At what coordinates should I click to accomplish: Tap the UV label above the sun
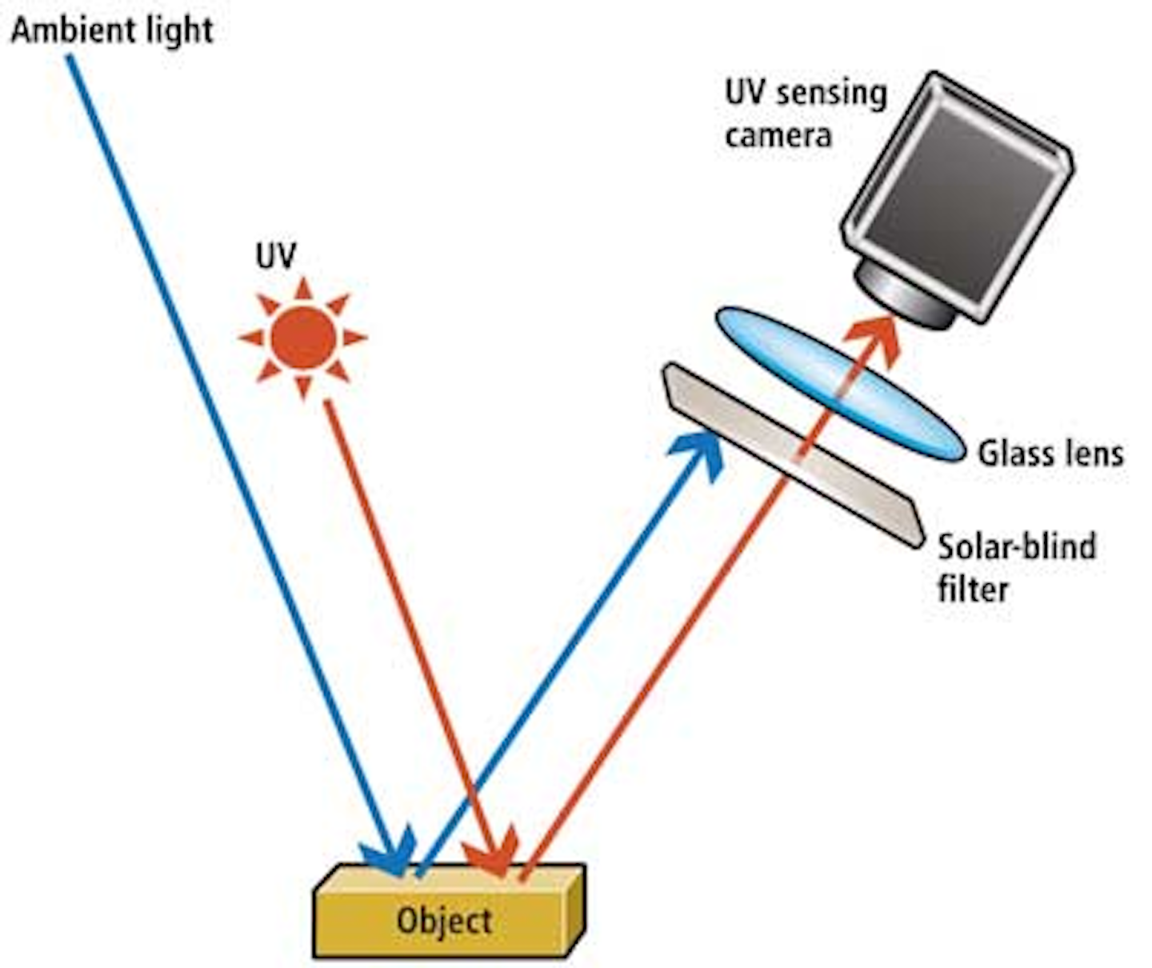pyautogui.click(x=276, y=257)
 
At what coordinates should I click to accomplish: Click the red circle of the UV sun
pyautogui.click(x=303, y=338)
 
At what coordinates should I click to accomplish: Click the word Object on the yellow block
pyautogui.click(x=444, y=921)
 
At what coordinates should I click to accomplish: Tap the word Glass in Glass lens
pyautogui.click(x=1010, y=454)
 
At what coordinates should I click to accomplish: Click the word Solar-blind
pyautogui.click(x=1017, y=547)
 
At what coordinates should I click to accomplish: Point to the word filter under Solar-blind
pyautogui.click(x=972, y=590)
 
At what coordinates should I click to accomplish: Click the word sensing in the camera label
pyautogui.click(x=832, y=94)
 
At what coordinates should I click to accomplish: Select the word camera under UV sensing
pyautogui.click(x=778, y=135)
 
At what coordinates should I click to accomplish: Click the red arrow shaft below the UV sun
pyautogui.click(x=400, y=600)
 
